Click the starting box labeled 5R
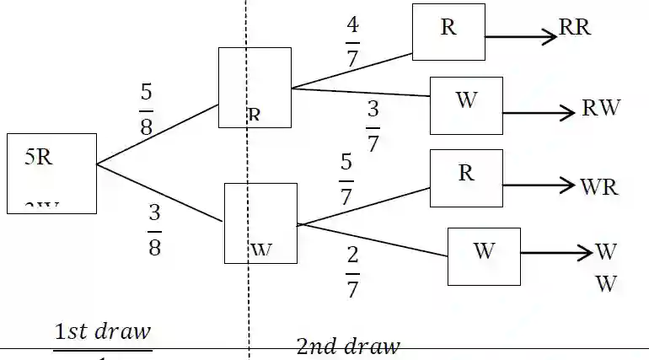coord(51,173)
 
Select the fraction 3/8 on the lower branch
coord(154,229)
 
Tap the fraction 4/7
coord(352,41)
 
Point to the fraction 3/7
coord(373,126)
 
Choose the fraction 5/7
coord(346,179)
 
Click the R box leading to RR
coord(448,32)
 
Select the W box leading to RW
coord(466,105)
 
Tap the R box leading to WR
coord(466,178)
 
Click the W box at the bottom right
coord(484,256)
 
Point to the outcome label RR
coord(575,28)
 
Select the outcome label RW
coord(601,108)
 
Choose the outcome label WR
coord(599,186)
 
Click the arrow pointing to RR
coord(522,37)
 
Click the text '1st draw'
coord(103,332)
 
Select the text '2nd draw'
coord(347,346)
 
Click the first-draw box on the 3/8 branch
coord(260,223)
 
